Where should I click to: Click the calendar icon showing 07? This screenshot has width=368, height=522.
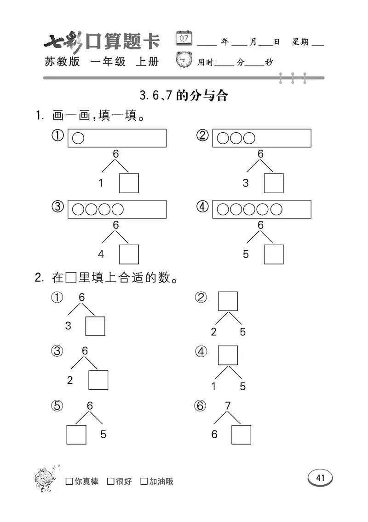pos(184,38)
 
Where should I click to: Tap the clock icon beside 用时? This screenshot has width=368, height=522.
pos(184,61)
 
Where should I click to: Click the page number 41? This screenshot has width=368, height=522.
pos(320,478)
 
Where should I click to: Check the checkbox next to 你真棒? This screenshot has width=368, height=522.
pos(69,481)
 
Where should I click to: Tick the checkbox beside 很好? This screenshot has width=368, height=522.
pos(110,481)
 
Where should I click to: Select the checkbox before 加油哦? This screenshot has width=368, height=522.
pos(144,481)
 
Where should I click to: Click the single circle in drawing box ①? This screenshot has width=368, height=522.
pos(79,138)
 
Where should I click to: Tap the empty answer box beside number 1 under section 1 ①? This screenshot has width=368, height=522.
pos(129,183)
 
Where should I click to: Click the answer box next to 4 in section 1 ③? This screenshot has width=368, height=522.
pos(129,254)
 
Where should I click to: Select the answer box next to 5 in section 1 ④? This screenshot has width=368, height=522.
pos(274,254)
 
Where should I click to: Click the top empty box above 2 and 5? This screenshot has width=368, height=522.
pos(228,301)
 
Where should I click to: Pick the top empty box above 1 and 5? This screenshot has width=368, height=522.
pos(228,355)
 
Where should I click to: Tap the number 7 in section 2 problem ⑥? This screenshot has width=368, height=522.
pos(227,405)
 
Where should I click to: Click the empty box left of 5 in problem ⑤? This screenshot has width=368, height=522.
pos(76,434)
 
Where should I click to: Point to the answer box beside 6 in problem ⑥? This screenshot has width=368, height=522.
pos(241,434)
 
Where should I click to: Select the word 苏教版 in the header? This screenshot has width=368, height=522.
pos(62,61)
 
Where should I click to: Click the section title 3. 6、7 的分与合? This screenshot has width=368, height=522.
pos(184,95)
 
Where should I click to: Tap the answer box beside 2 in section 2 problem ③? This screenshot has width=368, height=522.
pos(98,380)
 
